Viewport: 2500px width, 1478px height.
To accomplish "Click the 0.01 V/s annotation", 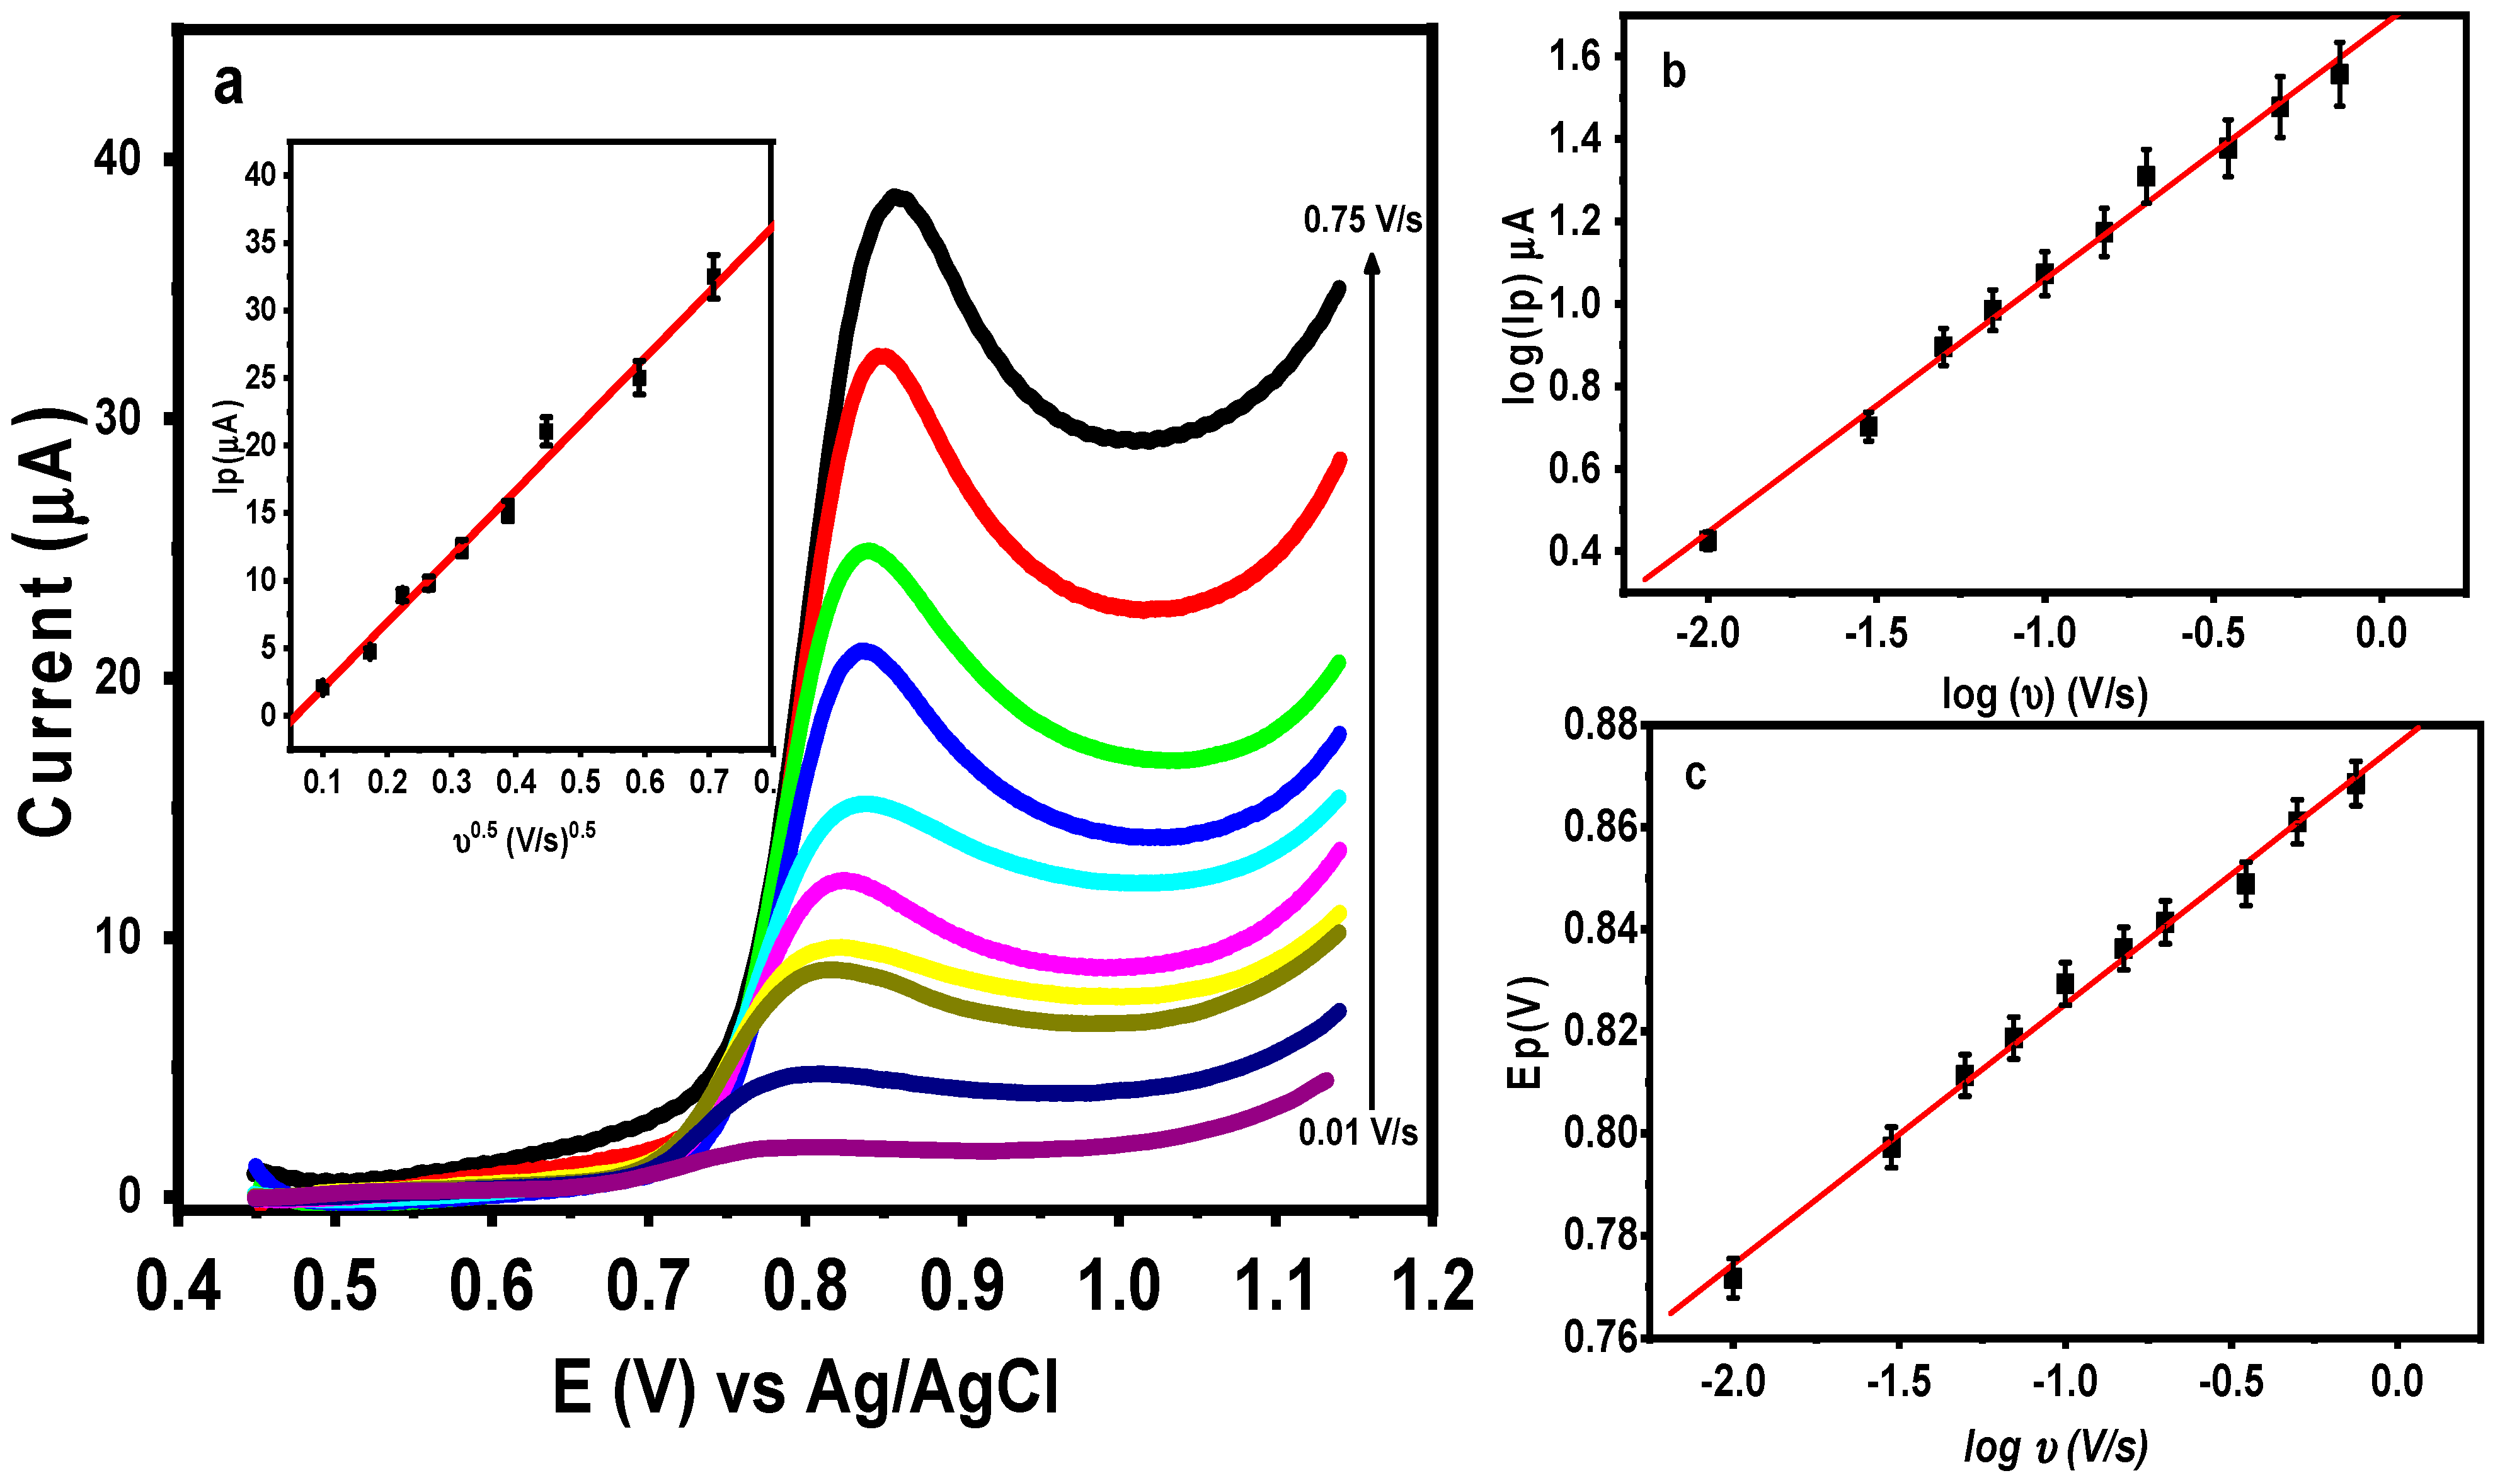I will pyautogui.click(x=1356, y=1132).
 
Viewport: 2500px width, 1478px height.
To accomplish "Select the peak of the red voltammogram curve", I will pyautogui.click(x=880, y=355).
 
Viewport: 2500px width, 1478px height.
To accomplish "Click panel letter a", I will pyautogui.click(x=228, y=84).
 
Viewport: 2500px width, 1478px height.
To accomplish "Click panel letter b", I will pyautogui.click(x=1673, y=72).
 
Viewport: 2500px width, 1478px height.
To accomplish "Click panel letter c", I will pyautogui.click(x=1695, y=775).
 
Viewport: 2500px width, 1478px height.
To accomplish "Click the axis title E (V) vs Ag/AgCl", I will pyautogui.click(x=805, y=1387).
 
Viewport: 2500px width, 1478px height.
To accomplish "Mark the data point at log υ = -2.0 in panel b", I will pyautogui.click(x=1707, y=541).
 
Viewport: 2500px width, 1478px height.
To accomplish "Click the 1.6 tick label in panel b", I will pyautogui.click(x=1574, y=57).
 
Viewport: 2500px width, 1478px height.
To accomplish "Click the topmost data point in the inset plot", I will pyautogui.click(x=713, y=277).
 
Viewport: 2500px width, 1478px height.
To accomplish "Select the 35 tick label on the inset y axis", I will pyautogui.click(x=261, y=243).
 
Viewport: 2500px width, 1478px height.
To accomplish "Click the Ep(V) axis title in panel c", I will pyautogui.click(x=1525, y=1033).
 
